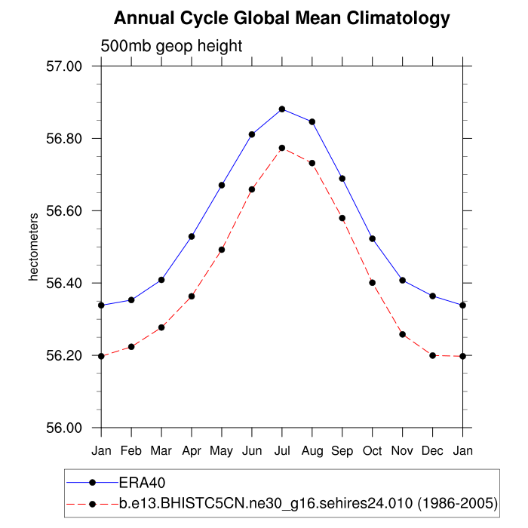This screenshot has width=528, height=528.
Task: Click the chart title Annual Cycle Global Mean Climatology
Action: (281, 18)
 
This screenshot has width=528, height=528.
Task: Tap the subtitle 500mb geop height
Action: (171, 46)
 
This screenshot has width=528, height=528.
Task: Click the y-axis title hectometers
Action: (33, 247)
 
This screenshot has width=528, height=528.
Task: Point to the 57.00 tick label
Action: (63, 66)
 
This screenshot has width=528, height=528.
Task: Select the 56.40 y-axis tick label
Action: (63, 283)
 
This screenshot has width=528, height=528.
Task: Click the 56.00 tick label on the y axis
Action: (63, 428)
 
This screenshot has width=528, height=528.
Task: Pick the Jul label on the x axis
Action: (282, 450)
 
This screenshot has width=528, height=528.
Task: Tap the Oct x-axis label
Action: (373, 450)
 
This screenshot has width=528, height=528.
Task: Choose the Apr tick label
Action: (192, 450)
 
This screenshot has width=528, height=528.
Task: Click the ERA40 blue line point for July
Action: (282, 109)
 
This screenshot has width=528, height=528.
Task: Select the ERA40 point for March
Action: (161, 280)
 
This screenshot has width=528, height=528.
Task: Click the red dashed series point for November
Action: (403, 334)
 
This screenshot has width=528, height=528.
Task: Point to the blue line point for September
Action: (342, 179)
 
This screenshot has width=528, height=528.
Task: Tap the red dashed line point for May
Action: (222, 250)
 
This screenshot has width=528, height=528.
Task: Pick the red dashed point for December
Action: (433, 355)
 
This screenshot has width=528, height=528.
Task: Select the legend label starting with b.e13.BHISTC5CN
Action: (307, 502)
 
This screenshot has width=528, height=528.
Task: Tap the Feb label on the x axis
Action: (131, 450)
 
